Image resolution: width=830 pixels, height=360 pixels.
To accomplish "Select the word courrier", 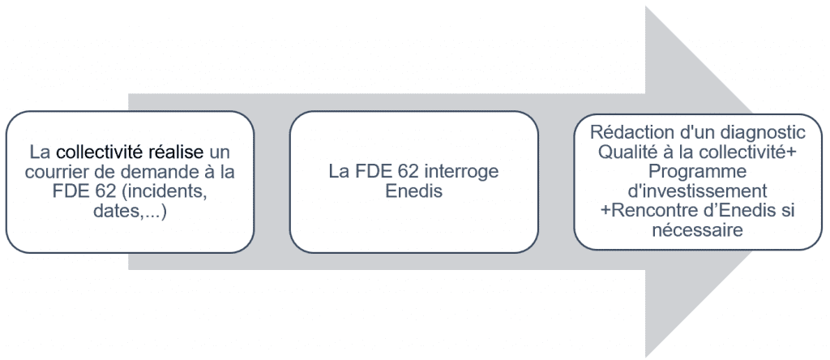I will tap(53, 170).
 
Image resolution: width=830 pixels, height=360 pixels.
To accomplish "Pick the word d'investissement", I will tap(697, 191).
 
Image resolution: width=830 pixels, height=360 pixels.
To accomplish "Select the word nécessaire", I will tap(697, 230).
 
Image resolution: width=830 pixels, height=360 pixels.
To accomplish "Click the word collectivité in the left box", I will tap(101, 152).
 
